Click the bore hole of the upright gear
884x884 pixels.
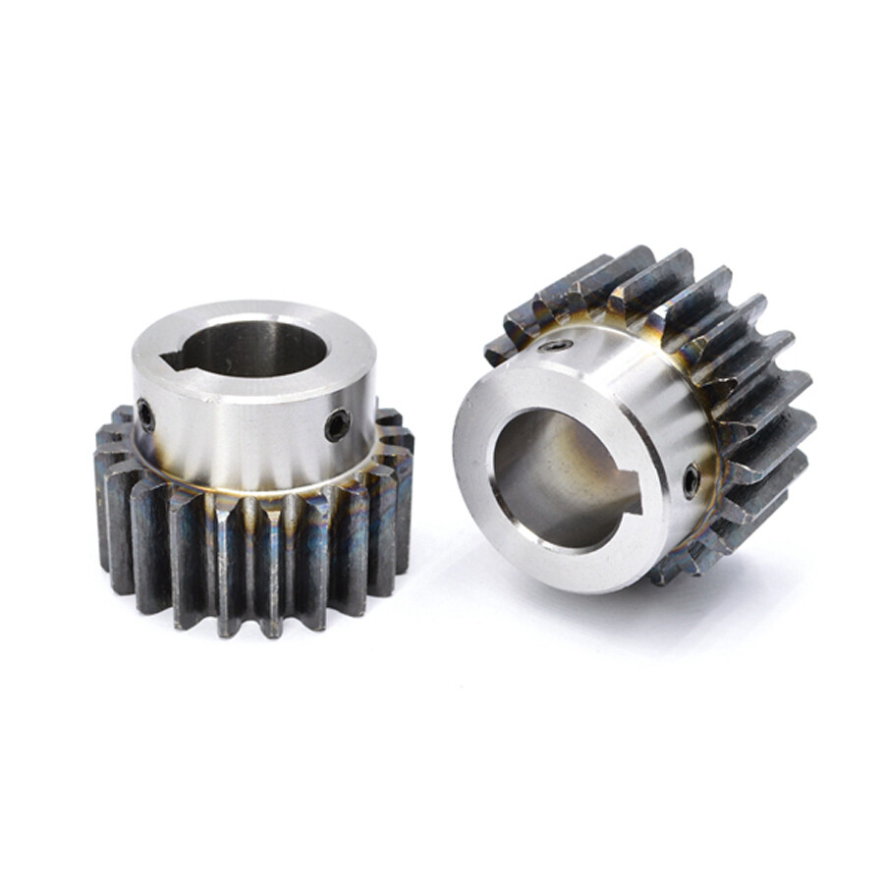pyautogui.click(x=257, y=349)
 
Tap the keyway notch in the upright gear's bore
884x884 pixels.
pyautogui.click(x=176, y=361)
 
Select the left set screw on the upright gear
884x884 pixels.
pyautogui.click(x=145, y=414)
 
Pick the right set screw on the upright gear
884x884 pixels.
pyautogui.click(x=337, y=424)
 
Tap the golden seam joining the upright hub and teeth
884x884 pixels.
pyautogui.click(x=255, y=488)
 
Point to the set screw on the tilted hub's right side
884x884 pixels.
pyautogui.click(x=691, y=479)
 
